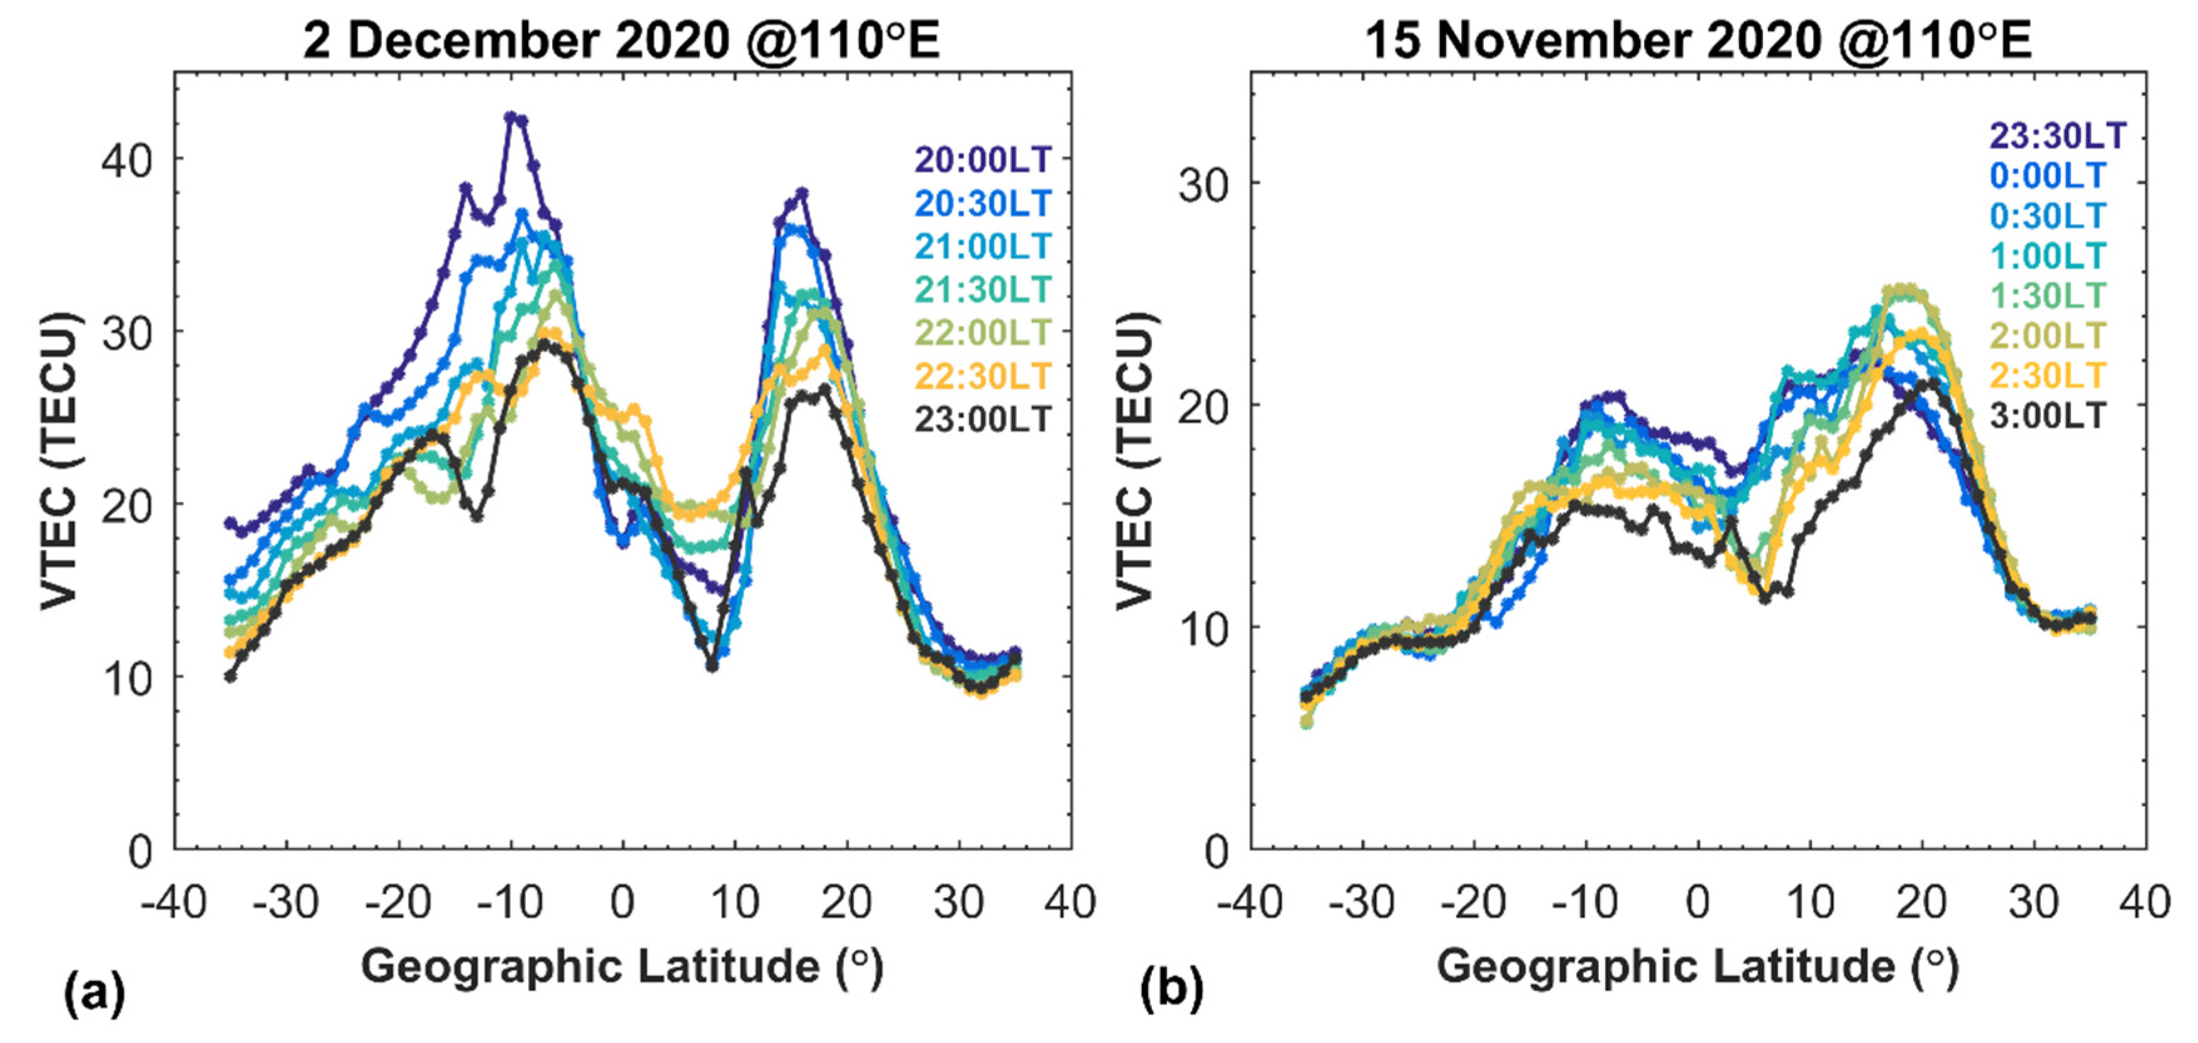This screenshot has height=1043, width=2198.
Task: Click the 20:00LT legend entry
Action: click(983, 160)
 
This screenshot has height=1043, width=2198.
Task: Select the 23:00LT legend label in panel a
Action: click(983, 419)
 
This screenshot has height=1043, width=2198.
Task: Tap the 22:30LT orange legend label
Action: click(983, 376)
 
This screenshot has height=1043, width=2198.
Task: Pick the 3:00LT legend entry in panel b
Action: click(2048, 416)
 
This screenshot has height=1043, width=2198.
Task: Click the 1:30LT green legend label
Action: click(2048, 295)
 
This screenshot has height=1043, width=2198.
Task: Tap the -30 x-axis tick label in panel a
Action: click(286, 902)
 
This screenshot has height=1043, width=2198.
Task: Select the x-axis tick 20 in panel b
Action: click(1921, 902)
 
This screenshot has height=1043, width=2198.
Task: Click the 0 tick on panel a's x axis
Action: click(623, 902)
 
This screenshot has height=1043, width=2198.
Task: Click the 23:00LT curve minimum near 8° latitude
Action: click(712, 666)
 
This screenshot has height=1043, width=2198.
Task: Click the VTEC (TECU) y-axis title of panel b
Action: click(1135, 461)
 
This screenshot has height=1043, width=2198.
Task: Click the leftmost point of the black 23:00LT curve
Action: click(230, 676)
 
